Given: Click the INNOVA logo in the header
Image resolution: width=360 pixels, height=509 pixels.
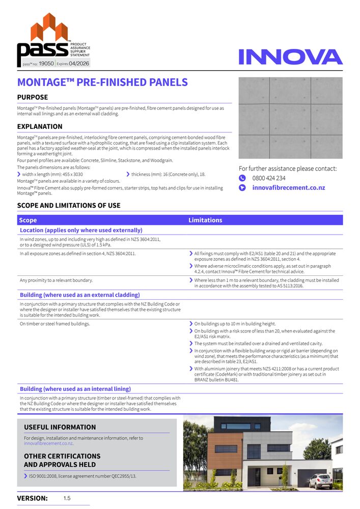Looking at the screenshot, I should [290, 56].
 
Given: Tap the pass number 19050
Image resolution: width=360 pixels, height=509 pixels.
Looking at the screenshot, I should [46, 64].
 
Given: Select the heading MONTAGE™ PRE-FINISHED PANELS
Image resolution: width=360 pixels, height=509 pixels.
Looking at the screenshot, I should [102, 82].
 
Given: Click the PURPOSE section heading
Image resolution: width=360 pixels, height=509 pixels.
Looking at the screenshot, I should [33, 97].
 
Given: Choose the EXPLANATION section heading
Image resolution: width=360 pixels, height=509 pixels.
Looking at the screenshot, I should [40, 127].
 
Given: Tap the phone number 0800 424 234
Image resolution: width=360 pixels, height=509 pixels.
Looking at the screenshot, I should [269, 178].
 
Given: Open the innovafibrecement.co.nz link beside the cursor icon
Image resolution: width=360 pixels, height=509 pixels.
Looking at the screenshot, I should [289, 188].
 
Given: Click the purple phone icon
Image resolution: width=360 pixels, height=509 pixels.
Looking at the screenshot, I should [242, 178].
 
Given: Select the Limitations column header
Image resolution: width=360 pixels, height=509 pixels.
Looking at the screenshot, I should [205, 220].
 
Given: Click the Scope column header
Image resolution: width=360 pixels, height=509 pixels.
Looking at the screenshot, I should [28, 220].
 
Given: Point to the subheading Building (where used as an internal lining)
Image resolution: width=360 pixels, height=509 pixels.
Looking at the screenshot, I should [75, 389].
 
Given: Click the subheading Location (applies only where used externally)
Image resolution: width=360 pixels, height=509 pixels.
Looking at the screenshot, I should [81, 230].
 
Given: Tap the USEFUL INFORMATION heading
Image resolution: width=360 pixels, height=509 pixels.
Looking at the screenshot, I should [60, 427].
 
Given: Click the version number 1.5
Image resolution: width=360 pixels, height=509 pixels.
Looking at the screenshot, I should [67, 498].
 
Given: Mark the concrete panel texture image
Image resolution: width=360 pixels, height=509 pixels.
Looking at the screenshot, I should [290, 118].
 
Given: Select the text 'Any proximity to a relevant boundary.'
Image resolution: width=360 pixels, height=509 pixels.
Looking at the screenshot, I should [56, 280].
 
